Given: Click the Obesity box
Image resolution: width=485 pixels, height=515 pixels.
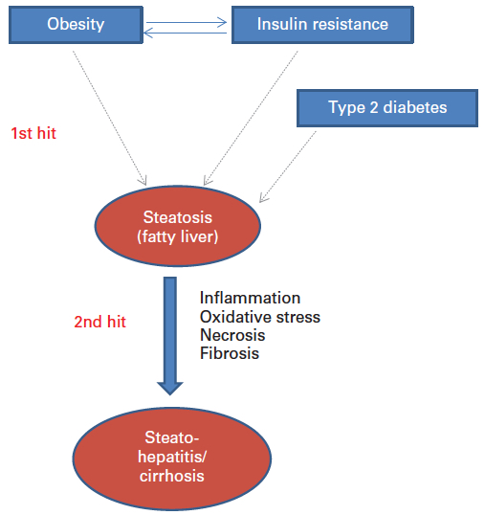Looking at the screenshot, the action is coord(76,25).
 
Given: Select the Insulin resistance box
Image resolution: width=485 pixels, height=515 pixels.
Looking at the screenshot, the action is coord(322,25).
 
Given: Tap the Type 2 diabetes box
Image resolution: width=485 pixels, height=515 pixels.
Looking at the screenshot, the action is coord(387,108).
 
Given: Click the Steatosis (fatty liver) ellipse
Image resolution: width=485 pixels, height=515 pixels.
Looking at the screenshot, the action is coord(178,226).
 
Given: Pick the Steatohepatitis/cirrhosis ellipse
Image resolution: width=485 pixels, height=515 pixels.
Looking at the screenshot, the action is coord(172,459).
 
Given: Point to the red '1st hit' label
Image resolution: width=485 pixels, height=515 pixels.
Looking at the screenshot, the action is coord(33,133).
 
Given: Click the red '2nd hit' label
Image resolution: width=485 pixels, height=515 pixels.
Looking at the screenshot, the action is coord(100,322).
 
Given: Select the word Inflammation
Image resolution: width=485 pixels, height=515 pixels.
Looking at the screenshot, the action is coord(250,298).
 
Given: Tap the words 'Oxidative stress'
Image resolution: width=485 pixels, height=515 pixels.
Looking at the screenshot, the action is coord(260,317).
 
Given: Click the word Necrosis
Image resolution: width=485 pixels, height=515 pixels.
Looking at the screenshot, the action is coord(232,335).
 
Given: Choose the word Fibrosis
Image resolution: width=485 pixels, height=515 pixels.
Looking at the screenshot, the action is coord(230,353).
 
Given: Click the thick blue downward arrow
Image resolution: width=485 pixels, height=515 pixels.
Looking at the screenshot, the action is coord(170,336).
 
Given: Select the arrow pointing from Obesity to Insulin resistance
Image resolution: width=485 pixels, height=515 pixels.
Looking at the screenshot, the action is coord(187,23).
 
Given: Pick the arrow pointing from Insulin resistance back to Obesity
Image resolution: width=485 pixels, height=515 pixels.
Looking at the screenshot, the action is coord(185,33).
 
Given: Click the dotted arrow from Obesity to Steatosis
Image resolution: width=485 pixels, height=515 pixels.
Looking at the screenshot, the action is coord(110,118).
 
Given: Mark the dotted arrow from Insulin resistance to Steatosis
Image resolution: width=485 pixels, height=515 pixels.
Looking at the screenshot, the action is coord(251,118).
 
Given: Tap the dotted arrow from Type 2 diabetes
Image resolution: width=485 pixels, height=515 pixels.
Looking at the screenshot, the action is coord(288,167).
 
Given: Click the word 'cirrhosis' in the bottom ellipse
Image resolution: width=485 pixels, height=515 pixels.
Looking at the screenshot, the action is coord(172,476).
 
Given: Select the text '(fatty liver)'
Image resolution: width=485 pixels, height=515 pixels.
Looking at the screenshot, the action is coord(178,236).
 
